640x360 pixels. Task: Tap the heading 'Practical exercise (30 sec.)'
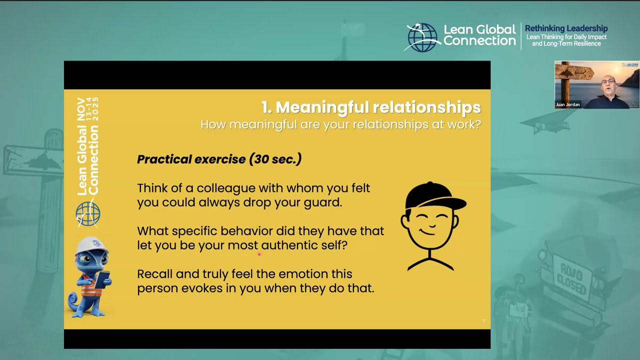click(x=219, y=159)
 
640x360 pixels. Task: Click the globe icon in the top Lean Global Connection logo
click(x=422, y=37)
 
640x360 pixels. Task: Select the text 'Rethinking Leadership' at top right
click(x=566, y=28)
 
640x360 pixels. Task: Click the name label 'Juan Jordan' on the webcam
click(x=567, y=105)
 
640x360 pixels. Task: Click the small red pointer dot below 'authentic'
click(x=259, y=254)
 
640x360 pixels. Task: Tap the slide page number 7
click(x=483, y=321)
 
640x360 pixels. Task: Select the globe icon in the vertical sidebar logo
click(x=88, y=214)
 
